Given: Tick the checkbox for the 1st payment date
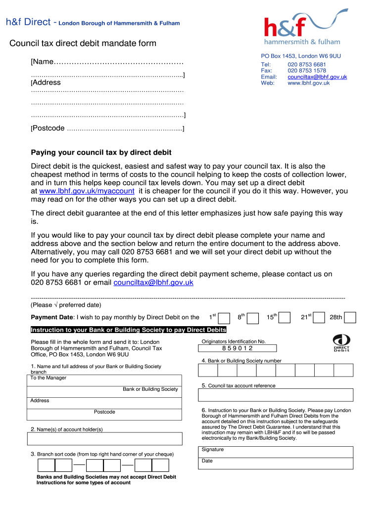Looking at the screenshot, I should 224,318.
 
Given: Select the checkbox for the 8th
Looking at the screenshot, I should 253,318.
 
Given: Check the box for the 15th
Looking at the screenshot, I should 284,318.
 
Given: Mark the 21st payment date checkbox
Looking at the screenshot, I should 319,318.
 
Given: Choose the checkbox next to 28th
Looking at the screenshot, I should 350,318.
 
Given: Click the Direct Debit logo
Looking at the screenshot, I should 341,343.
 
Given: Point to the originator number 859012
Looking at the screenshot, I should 237,348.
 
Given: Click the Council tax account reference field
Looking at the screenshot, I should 276,395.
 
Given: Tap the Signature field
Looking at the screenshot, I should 276,452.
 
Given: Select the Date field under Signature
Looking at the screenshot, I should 276,464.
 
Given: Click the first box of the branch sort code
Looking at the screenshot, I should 46,465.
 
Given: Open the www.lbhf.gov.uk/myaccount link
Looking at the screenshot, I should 87,191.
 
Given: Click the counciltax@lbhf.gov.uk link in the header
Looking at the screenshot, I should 317,77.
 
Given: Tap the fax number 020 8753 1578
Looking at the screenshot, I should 306,71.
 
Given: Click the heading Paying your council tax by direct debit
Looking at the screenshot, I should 101,153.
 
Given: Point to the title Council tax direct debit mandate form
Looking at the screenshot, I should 83,43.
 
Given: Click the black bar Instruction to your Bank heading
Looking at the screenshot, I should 128,330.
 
